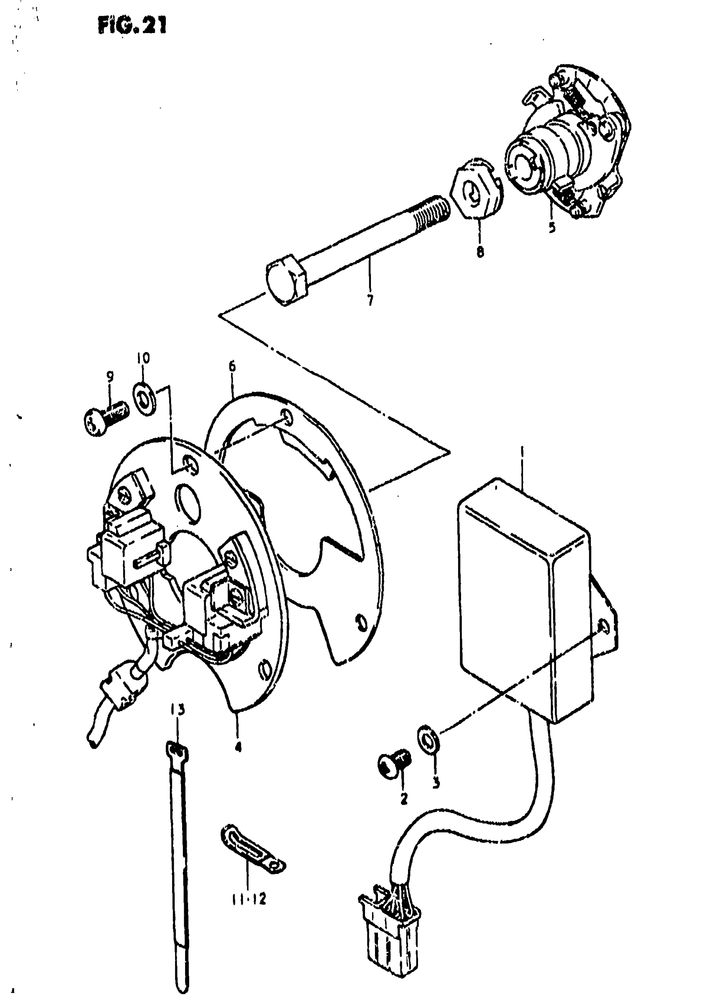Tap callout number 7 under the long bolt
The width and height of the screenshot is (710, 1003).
(370, 300)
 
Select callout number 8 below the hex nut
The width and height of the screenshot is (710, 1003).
(480, 252)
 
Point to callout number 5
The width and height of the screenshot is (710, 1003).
(552, 227)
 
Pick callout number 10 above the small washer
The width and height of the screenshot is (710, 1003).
(143, 358)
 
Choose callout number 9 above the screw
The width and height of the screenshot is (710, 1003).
(110, 375)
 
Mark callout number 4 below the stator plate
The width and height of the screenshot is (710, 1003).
(238, 747)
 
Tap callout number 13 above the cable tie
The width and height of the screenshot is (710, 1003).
(177, 709)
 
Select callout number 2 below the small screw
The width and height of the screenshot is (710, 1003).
(403, 798)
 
